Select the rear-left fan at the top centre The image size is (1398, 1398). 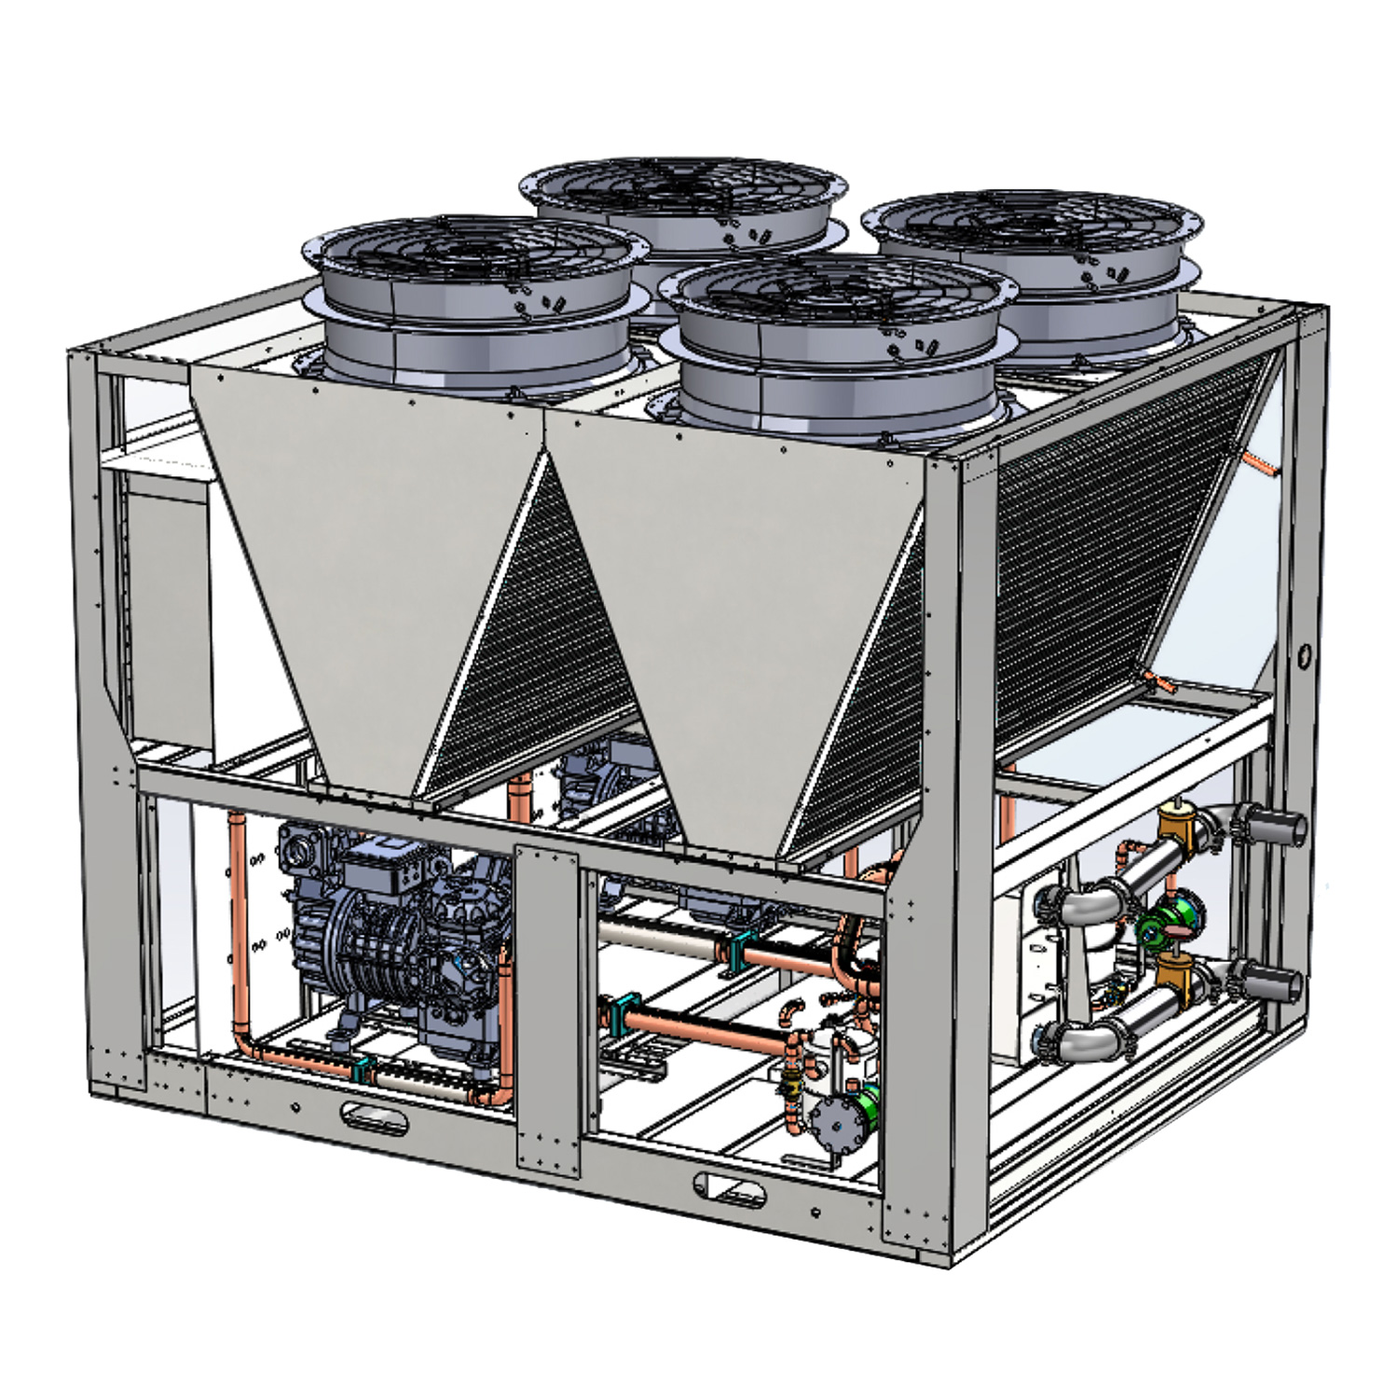coord(683,200)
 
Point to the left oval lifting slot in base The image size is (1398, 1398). coord(374,1116)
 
